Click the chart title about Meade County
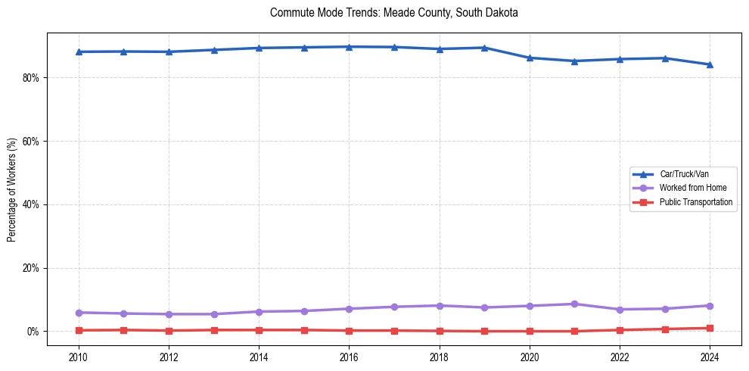[393, 13]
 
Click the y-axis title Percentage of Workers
[12, 189]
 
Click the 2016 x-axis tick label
[349, 356]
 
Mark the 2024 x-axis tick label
[710, 356]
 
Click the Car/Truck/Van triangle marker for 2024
[710, 64]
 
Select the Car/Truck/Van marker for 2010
[79, 51]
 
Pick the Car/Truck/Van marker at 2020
[530, 58]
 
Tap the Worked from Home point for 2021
[574, 304]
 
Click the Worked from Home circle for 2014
[259, 312]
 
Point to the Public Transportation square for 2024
[710, 329]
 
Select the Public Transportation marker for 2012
[169, 331]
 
